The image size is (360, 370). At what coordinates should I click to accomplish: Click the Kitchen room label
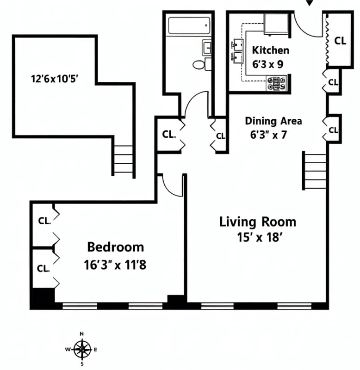(270, 50)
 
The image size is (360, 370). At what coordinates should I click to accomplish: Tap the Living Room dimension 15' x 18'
(257, 239)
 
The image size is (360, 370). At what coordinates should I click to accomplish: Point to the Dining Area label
(273, 121)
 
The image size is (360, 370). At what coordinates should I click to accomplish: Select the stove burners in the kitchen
(276, 83)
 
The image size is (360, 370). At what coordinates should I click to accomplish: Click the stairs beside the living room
(315, 171)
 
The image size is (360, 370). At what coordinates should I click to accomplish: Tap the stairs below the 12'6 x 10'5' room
(123, 160)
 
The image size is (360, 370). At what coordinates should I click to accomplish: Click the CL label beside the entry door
(340, 41)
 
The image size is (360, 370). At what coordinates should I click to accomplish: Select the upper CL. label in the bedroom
(44, 220)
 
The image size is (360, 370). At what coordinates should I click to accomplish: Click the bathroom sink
(206, 47)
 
